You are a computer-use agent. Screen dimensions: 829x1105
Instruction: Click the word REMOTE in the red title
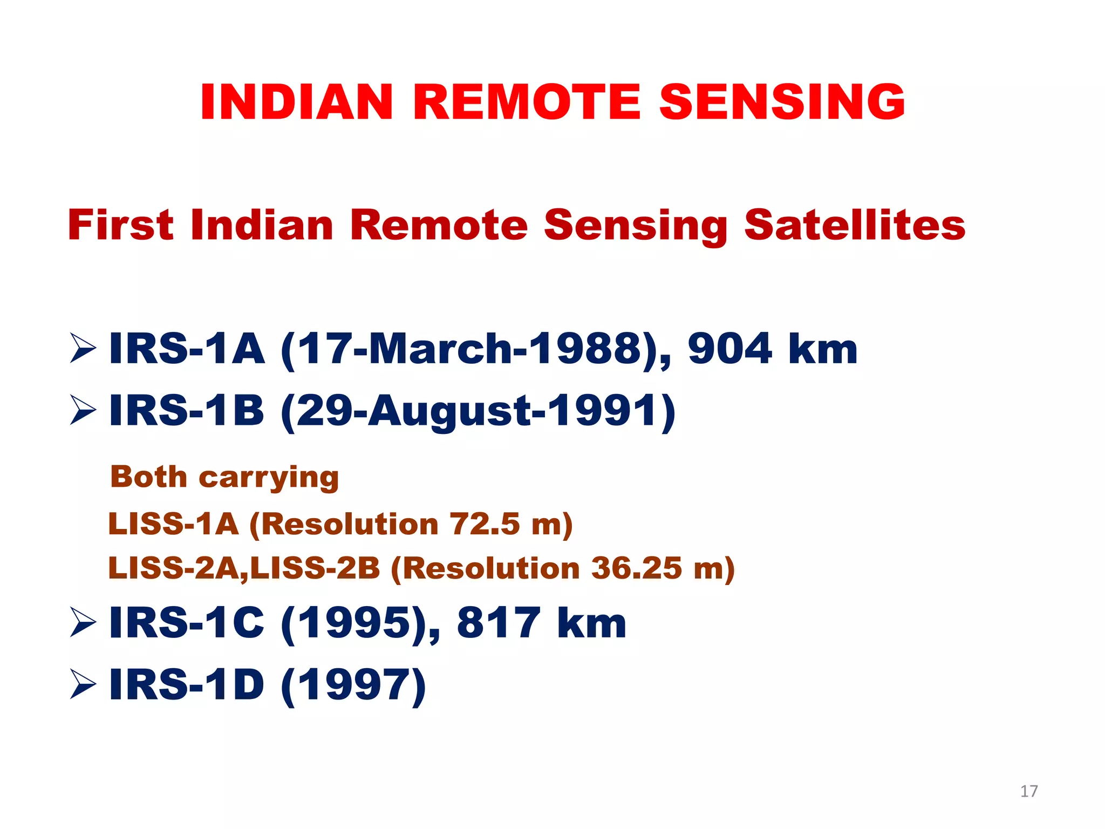tap(527, 102)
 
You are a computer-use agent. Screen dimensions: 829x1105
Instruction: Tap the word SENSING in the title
tap(782, 102)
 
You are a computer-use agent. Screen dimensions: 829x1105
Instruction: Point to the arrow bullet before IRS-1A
tap(83, 349)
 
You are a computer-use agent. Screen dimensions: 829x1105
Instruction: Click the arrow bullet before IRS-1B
tap(83, 410)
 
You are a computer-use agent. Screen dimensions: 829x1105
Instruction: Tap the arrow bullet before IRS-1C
tap(83, 622)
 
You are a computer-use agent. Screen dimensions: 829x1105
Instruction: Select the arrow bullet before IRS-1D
tap(83, 684)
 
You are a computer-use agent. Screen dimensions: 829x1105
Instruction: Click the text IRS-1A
tap(187, 349)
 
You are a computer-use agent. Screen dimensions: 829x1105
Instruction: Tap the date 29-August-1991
tap(478, 410)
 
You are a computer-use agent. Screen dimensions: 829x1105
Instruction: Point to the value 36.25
tap(637, 568)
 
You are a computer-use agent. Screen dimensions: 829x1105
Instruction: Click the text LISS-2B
tap(315, 568)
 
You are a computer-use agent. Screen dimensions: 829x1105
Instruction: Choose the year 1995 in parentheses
tap(354, 622)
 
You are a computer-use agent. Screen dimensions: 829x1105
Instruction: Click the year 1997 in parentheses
tap(354, 684)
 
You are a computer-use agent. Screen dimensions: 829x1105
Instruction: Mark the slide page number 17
tap(1029, 791)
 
